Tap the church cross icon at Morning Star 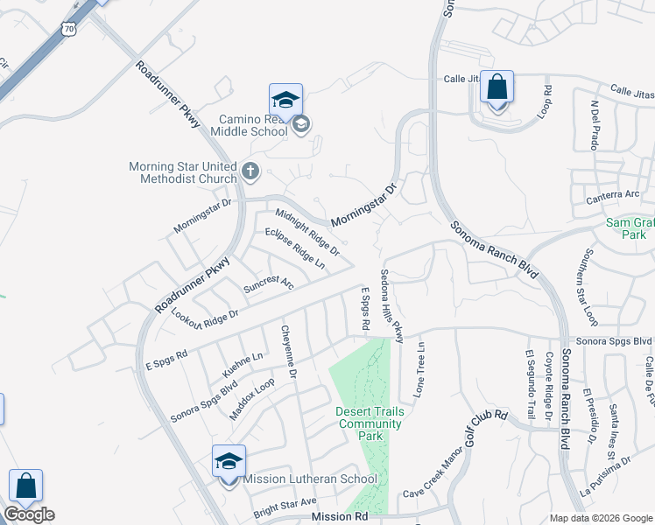(250, 171)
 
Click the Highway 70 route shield (68, 29)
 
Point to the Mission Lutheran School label (310, 479)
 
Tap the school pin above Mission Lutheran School (229, 461)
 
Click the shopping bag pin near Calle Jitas (497, 88)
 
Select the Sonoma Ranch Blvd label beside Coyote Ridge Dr (566, 394)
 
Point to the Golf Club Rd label (487, 431)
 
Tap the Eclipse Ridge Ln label (295, 248)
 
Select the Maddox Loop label (252, 398)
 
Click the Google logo (29, 514)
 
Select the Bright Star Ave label (285, 503)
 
